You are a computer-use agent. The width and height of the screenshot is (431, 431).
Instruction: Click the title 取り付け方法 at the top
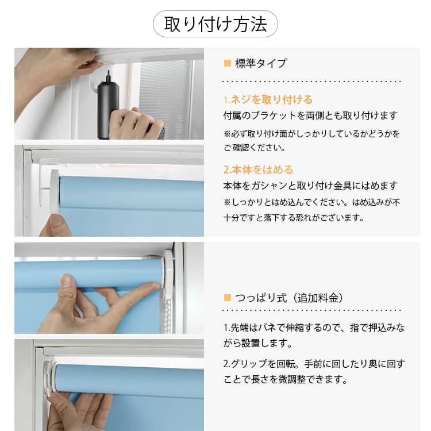(x=215, y=24)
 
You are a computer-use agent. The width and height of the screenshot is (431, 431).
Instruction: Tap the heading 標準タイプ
(x=261, y=63)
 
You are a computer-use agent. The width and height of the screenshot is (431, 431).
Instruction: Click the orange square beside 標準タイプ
(x=228, y=63)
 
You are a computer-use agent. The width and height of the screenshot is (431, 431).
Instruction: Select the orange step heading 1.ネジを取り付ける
(x=268, y=99)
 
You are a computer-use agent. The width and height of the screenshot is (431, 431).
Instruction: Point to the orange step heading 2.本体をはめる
(x=258, y=170)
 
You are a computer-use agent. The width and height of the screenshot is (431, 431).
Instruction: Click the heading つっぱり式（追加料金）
(x=289, y=298)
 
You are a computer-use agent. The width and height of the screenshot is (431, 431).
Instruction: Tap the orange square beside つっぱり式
(x=228, y=298)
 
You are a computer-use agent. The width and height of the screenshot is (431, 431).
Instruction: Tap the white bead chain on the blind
(x=168, y=313)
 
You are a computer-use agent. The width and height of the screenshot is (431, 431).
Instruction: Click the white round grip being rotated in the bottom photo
(x=49, y=376)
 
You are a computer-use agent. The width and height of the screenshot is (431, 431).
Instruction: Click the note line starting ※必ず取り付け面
(x=311, y=134)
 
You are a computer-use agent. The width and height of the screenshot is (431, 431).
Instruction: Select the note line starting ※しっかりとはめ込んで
(x=311, y=202)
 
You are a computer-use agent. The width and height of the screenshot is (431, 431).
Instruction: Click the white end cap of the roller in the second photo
(x=55, y=191)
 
